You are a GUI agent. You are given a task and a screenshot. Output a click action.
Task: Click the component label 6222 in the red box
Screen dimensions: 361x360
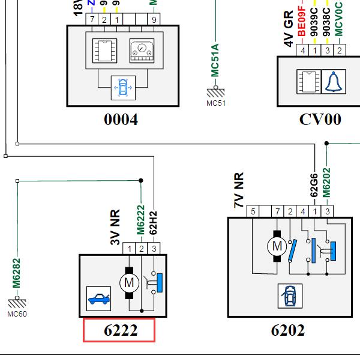coord(119,330)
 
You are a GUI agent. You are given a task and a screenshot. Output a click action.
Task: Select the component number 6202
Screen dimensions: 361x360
coord(287,330)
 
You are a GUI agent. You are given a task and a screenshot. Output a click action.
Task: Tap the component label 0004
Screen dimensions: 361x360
coord(121,119)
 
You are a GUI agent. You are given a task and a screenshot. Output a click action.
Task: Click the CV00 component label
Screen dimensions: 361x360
coord(320,119)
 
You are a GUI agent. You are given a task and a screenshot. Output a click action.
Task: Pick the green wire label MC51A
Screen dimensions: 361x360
coord(215,61)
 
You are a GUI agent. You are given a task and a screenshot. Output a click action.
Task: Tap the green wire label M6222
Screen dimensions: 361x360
coord(141,220)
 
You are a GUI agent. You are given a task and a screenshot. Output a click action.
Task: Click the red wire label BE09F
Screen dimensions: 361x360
coord(302,27)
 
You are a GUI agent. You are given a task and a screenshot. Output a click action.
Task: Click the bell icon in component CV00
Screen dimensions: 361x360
coord(332,82)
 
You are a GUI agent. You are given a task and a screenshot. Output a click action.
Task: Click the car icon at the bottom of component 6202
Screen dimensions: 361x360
coord(290,294)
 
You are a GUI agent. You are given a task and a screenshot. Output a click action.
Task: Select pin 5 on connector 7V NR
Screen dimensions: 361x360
coord(253,211)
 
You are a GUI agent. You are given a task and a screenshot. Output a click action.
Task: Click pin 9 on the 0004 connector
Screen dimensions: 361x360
coord(154,20)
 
